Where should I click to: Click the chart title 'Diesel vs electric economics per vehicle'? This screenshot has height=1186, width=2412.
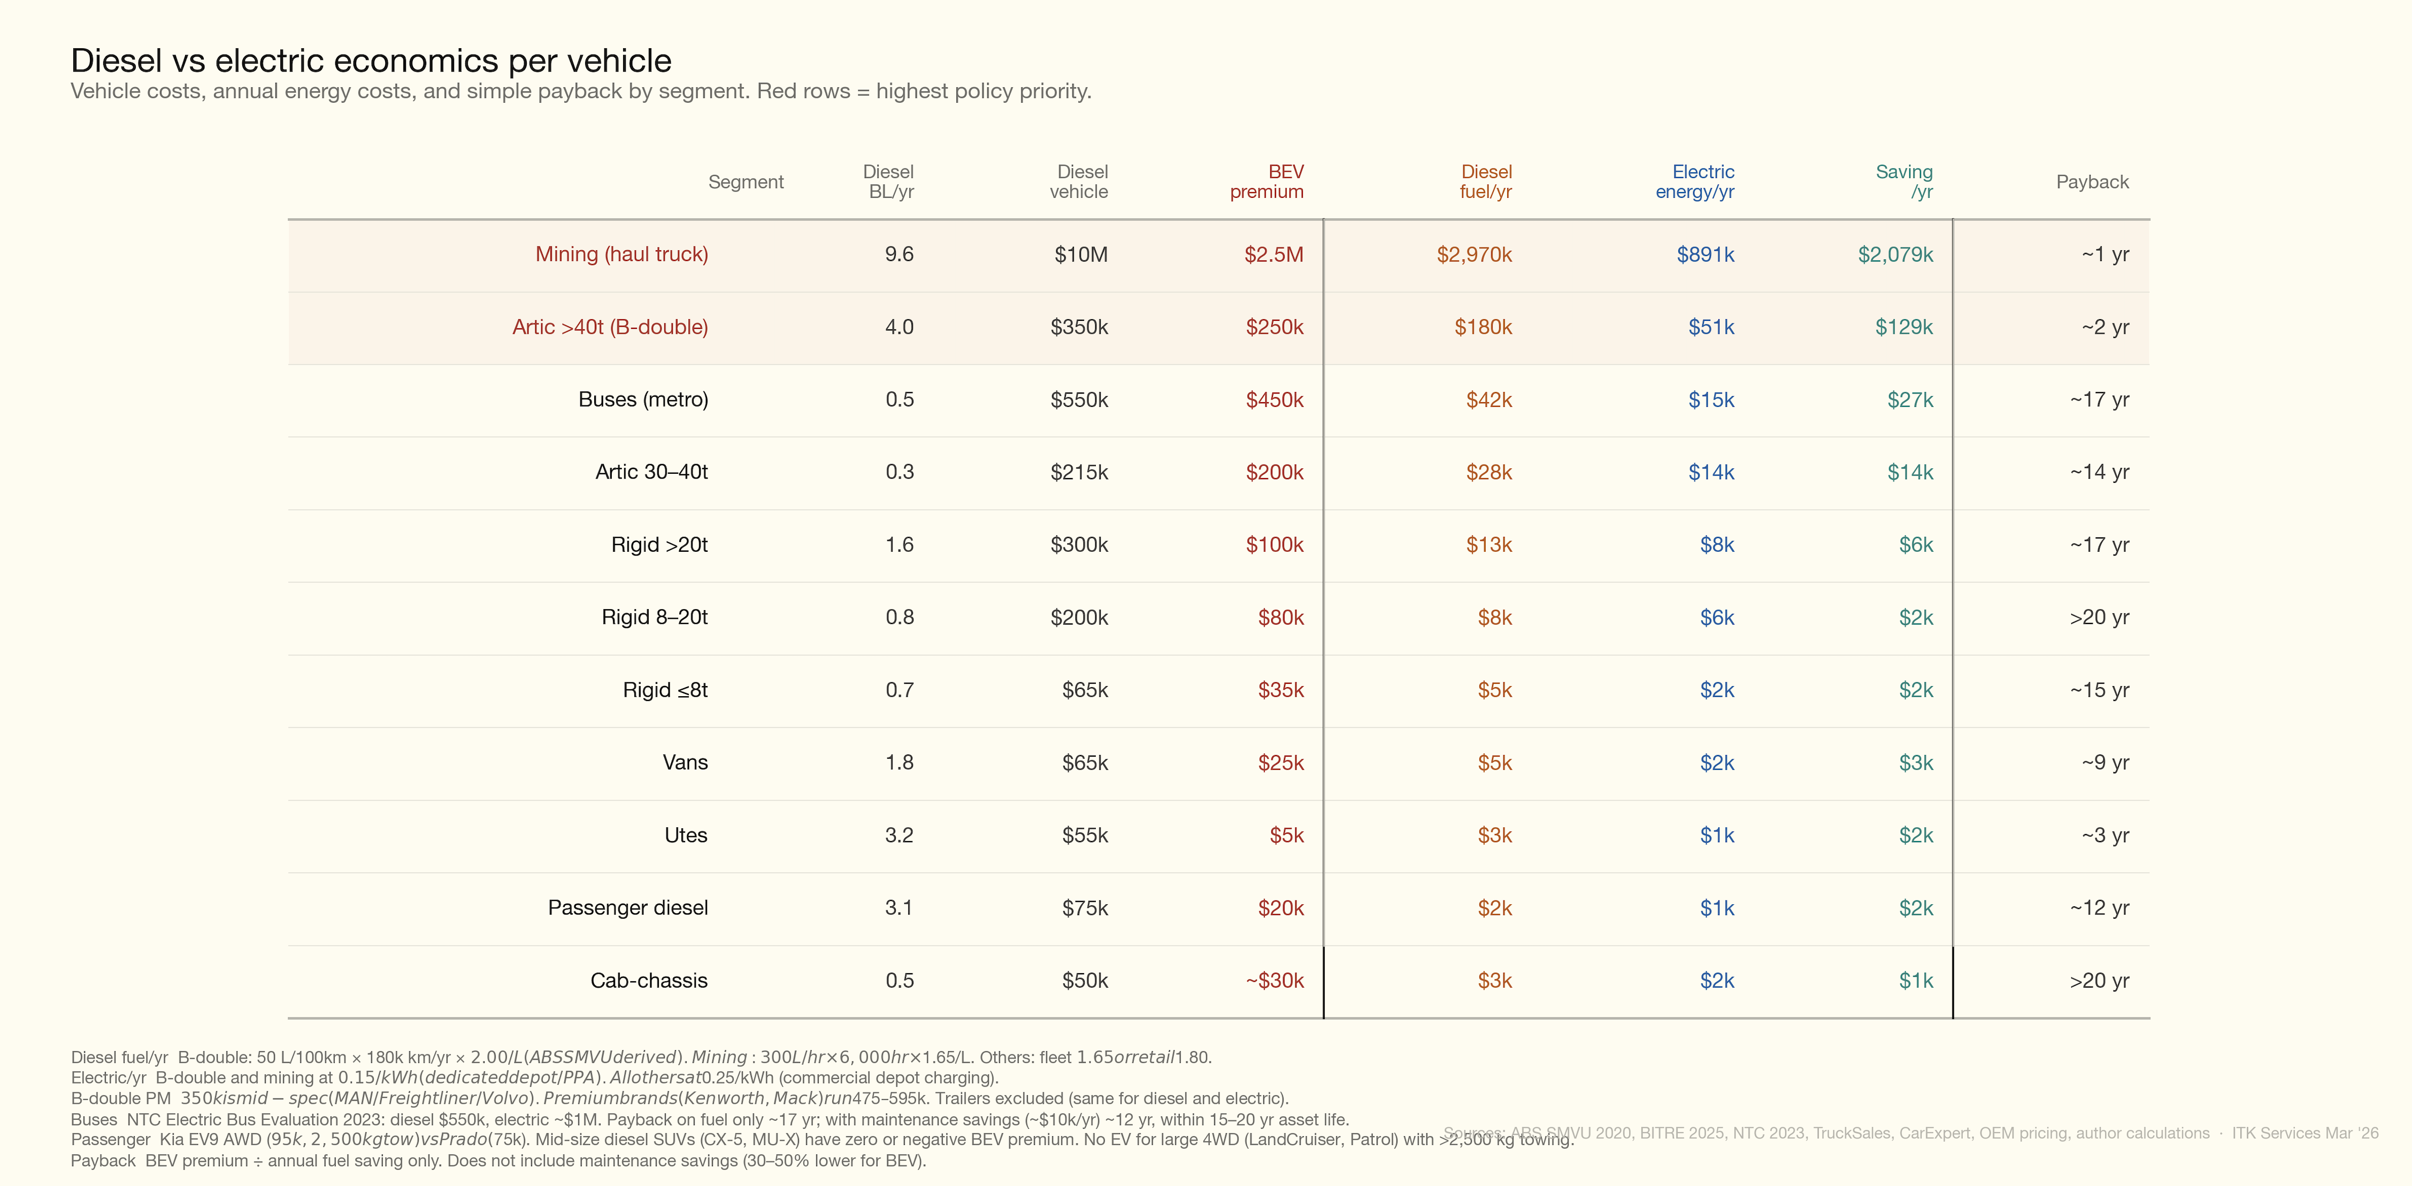[x=371, y=61]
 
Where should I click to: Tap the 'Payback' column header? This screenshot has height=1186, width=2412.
[x=2092, y=182]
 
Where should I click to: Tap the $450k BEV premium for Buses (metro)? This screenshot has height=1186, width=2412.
[x=1274, y=400]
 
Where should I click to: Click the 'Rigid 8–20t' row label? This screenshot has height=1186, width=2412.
[x=655, y=618]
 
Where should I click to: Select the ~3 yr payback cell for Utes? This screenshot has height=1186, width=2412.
[x=2105, y=835]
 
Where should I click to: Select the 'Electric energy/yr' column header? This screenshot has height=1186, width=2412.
[x=1696, y=182]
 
